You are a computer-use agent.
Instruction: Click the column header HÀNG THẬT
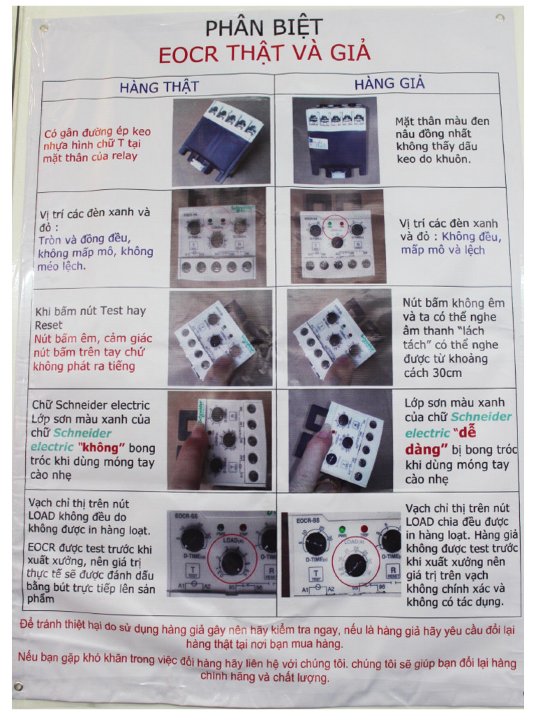(159, 87)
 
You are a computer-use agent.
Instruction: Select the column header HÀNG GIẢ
(389, 84)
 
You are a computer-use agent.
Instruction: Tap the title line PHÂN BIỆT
(264, 28)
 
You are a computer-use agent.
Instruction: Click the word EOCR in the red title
(188, 54)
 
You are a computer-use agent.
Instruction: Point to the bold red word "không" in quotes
(101, 448)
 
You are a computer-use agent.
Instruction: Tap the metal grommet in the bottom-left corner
(19, 686)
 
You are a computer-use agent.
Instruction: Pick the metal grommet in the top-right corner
(500, 18)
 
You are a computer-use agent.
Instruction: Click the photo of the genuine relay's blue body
(221, 141)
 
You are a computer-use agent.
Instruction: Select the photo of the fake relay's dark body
(336, 140)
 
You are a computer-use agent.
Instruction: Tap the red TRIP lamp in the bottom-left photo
(243, 528)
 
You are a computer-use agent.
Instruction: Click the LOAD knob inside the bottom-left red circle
(232, 563)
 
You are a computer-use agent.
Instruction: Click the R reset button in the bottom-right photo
(392, 572)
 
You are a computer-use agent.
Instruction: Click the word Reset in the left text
(49, 325)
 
